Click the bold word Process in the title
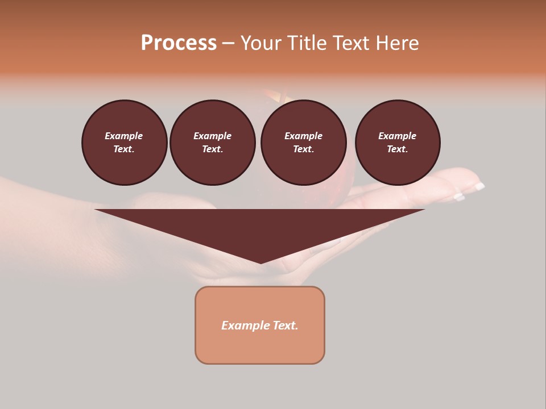coord(179,43)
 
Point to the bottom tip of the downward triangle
coord(260,262)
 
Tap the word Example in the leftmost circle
coord(124,136)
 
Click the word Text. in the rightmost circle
coord(397,149)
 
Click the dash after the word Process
coord(228,43)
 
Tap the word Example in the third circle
coord(303,136)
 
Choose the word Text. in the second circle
coord(212,149)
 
